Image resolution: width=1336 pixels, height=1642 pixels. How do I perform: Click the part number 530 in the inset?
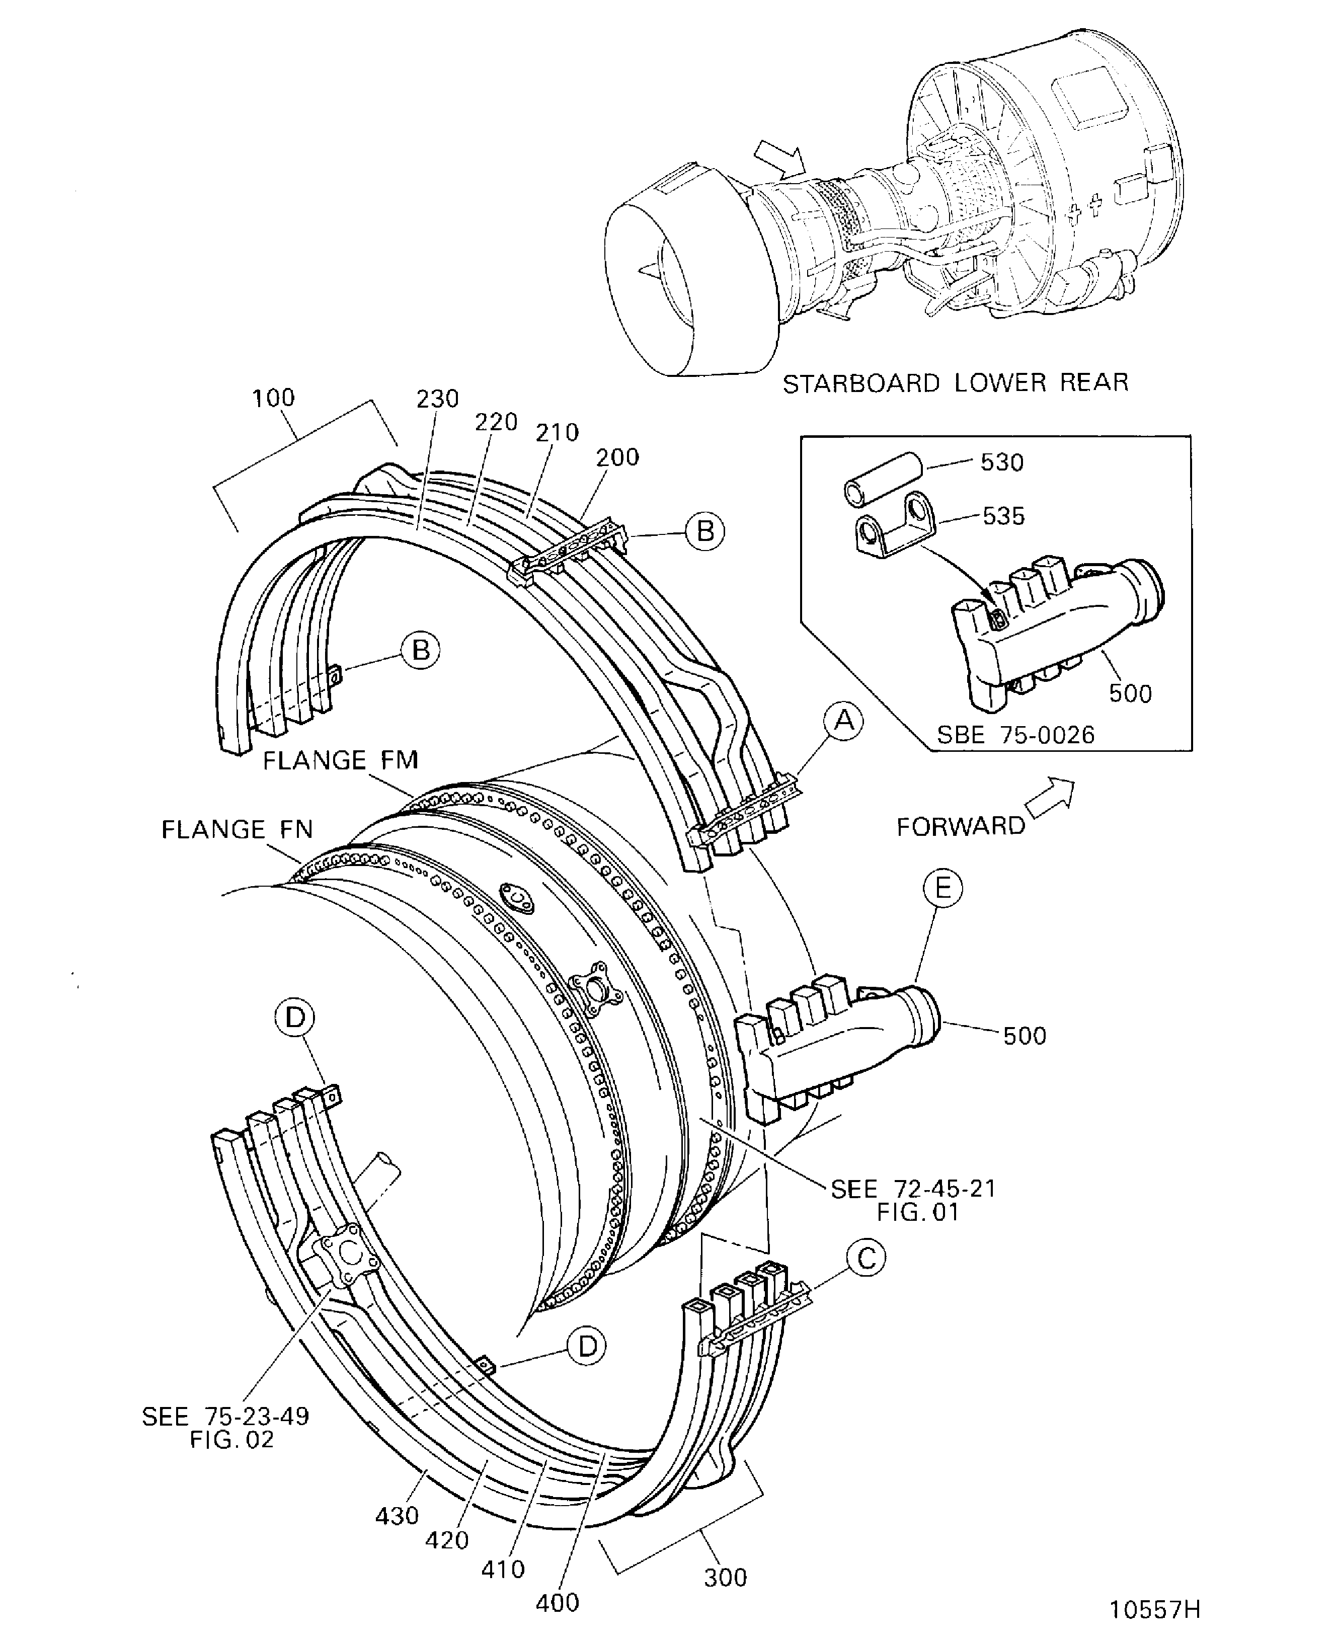click(x=1001, y=462)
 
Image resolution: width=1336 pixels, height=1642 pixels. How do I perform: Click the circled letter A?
click(x=844, y=721)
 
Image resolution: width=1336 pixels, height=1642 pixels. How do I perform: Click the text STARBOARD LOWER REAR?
click(x=955, y=383)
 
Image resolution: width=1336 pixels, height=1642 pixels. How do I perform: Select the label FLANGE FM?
click(x=340, y=760)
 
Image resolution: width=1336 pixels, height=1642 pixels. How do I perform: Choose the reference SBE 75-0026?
click(x=1015, y=735)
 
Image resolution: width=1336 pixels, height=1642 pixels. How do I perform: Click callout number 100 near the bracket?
click(x=273, y=398)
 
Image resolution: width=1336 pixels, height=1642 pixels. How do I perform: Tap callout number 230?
click(x=437, y=399)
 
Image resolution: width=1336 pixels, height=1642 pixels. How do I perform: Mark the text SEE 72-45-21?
click(x=913, y=1188)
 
